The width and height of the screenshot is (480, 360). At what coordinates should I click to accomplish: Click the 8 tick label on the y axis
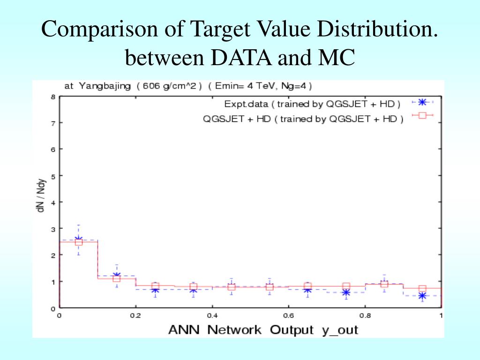coord(53,97)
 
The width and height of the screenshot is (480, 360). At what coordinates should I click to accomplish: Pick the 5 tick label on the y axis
coord(53,176)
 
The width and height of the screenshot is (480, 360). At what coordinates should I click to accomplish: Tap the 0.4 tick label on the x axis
coord(212,315)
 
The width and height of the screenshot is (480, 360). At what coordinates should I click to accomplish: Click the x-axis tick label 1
coord(441,315)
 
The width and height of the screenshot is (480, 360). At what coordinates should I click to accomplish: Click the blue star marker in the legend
coord(422,102)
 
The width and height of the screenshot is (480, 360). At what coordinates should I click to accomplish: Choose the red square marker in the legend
coord(422,116)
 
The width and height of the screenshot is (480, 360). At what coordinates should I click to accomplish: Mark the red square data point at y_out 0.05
coord(79,242)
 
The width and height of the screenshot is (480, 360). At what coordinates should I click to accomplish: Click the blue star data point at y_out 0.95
coord(422,296)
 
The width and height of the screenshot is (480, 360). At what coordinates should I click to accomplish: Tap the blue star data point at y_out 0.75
coord(346,292)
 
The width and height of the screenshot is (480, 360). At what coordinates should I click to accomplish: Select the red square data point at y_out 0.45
coord(231,286)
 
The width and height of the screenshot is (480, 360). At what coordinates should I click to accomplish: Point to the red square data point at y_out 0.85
coord(384,284)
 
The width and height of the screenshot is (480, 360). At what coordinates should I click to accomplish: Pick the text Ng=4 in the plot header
coord(295,86)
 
